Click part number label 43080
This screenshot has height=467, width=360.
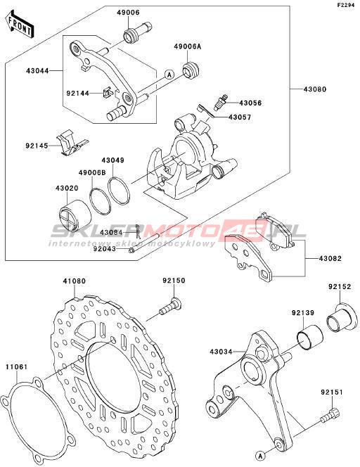click(315, 89)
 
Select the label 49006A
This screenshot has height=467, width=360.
click(188, 46)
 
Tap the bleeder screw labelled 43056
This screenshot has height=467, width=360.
click(220, 103)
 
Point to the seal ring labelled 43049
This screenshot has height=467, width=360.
click(119, 191)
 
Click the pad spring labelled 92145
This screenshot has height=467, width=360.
click(72, 143)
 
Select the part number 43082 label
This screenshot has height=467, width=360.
click(330, 259)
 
